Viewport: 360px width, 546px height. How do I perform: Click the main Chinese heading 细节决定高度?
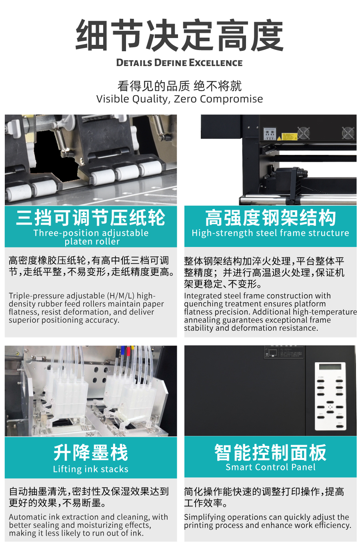pyautogui.click(x=180, y=35)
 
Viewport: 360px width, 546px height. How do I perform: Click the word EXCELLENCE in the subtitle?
pyautogui.click(x=216, y=63)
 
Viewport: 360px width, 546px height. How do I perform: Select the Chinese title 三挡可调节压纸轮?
pyautogui.click(x=91, y=217)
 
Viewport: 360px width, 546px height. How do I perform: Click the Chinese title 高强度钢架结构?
pyautogui.click(x=270, y=218)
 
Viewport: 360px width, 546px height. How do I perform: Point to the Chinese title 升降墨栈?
pyautogui.click(x=91, y=453)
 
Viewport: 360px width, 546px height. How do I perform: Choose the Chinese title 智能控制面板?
pyautogui.click(x=270, y=452)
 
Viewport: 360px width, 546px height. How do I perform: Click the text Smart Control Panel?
pyautogui.click(x=270, y=467)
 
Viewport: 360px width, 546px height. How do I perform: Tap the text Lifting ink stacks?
pyautogui.click(x=91, y=469)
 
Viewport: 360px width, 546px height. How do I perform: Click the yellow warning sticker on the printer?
pyautogui.click(x=289, y=136)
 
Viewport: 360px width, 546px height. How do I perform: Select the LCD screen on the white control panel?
pyautogui.click(x=330, y=367)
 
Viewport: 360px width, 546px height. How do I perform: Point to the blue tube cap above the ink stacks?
pyautogui.click(x=123, y=349)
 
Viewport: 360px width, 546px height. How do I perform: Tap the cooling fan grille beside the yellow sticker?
pyautogui.click(x=304, y=133)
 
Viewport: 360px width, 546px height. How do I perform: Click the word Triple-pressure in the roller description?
pyautogui.click(x=36, y=296)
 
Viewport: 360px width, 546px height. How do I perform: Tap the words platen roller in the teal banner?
pyautogui.click(x=92, y=241)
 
